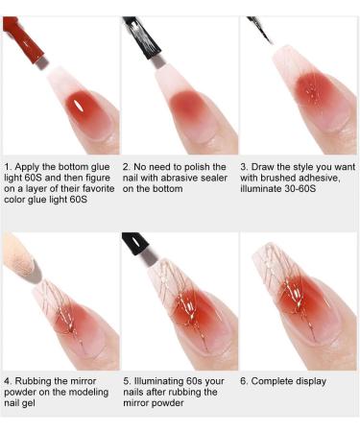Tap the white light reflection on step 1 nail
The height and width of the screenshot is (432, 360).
[78, 105]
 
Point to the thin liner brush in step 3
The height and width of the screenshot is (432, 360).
[260, 31]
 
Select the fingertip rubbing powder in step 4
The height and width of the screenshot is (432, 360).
[21, 257]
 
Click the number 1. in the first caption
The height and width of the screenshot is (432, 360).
[8, 167]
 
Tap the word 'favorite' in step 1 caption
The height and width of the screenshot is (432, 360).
[98, 188]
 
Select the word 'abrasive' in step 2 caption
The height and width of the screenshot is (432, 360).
[182, 178]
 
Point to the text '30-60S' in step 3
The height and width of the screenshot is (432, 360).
[300, 188]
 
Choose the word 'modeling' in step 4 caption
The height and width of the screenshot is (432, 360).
[90, 393]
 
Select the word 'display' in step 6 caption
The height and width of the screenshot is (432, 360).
[311, 381]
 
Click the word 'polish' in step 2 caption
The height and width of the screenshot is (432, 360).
[198, 167]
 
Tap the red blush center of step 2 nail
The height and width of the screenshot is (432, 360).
[185, 106]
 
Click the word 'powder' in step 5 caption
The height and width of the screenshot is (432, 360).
[169, 403]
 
